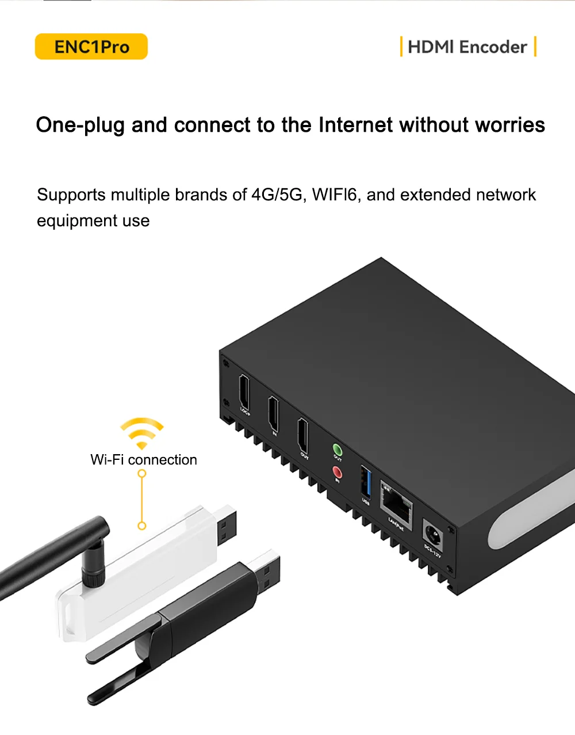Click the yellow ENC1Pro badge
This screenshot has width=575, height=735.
pos(91,47)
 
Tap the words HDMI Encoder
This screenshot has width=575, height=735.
pos(467,47)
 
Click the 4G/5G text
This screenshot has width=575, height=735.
pos(277,195)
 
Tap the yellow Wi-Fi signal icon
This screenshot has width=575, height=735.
pos(141,433)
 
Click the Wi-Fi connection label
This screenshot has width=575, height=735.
pos(144,460)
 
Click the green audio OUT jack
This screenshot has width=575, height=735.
pos(337,450)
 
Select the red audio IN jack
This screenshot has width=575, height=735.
pos(337,473)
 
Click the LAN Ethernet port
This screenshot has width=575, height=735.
pos(396,504)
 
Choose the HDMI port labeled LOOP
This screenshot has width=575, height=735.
pos(244,392)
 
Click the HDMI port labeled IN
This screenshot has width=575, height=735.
pos(274,413)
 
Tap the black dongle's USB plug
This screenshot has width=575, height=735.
pos(267,570)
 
